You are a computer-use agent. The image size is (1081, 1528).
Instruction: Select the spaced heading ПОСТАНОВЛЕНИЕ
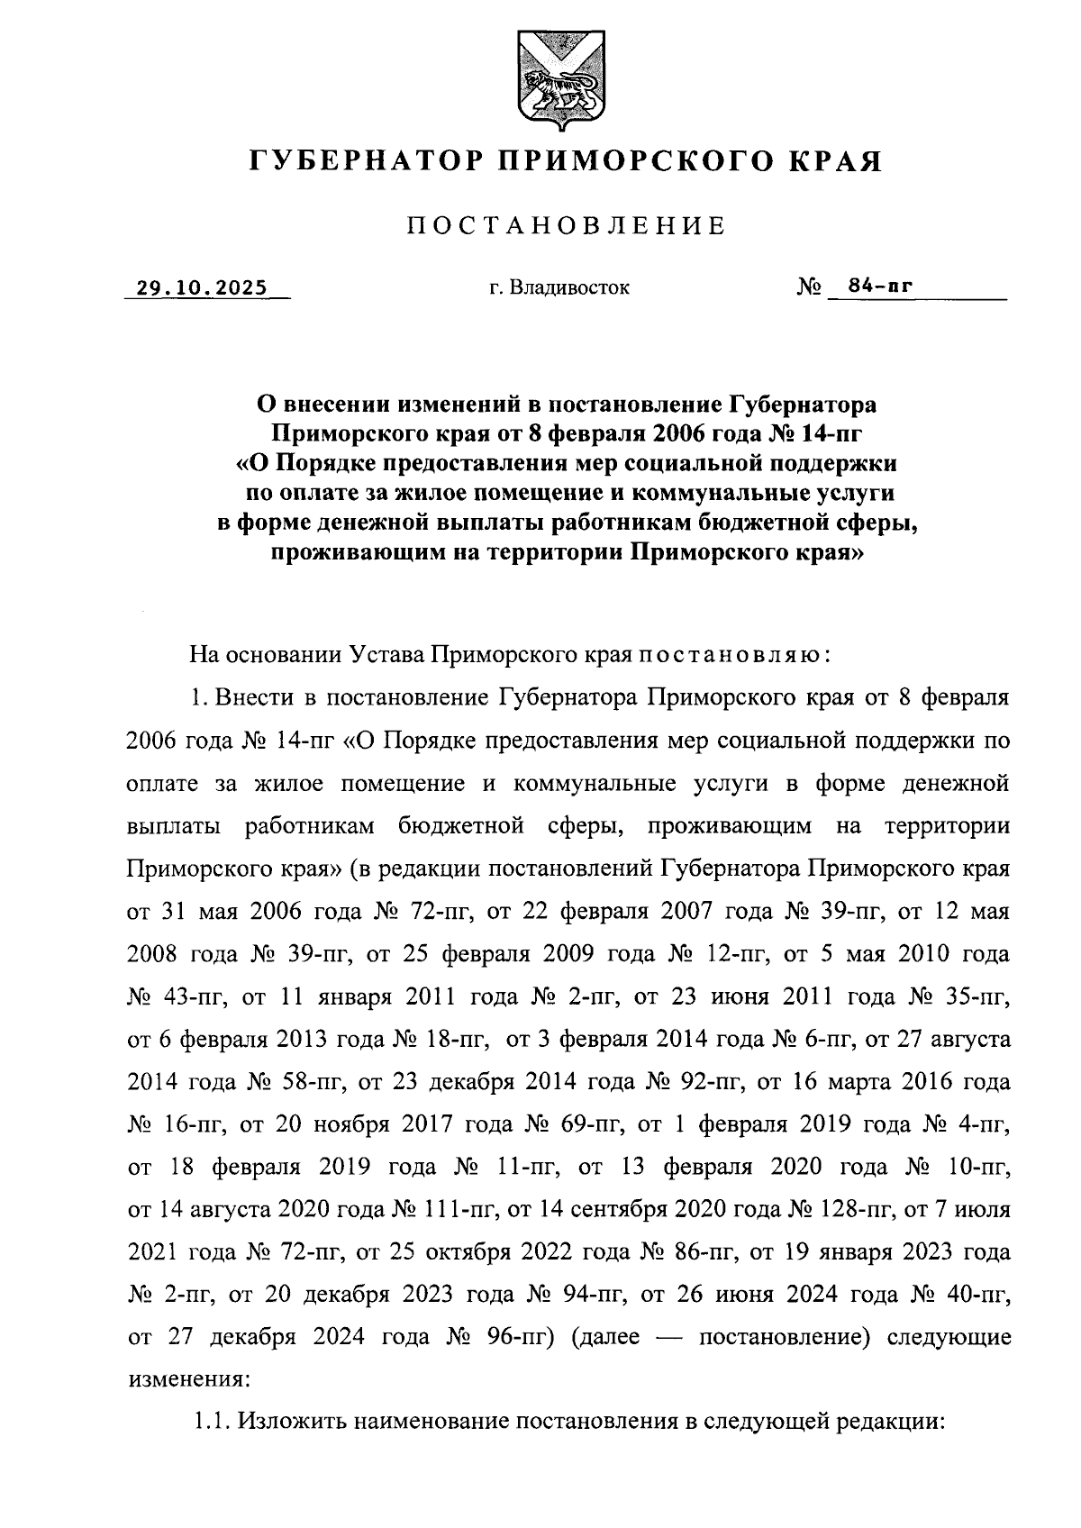click(x=566, y=225)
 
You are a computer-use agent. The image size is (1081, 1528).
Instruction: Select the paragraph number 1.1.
click(x=213, y=1422)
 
